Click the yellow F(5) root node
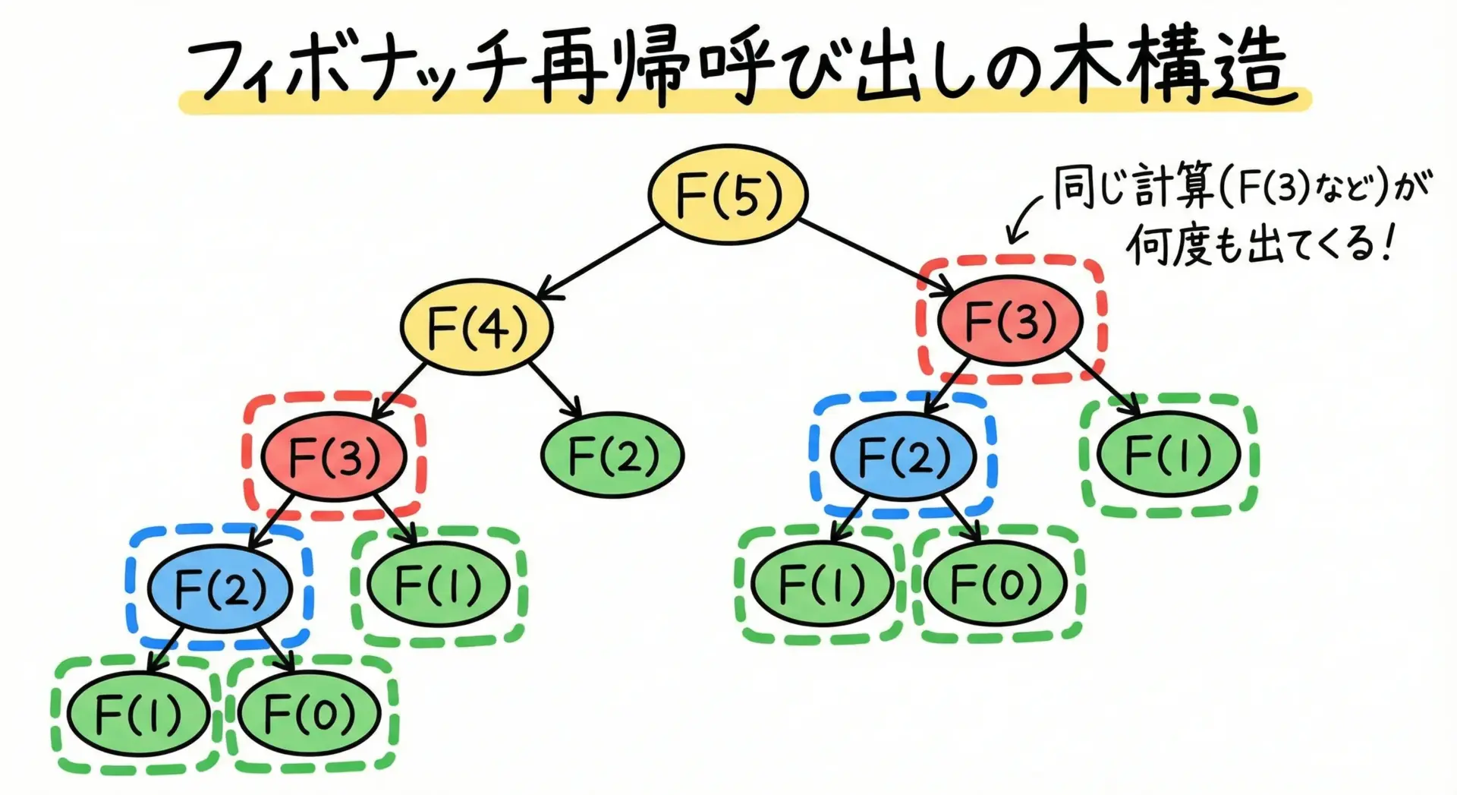click(727, 194)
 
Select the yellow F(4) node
click(477, 327)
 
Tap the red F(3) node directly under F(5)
click(1009, 320)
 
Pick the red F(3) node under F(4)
click(334, 456)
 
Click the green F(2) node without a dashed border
click(612, 455)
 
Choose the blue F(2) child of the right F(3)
click(902, 456)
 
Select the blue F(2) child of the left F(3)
click(219, 588)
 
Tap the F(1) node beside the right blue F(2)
click(1168, 454)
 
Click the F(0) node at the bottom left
click(309, 713)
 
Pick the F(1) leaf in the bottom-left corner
click(137, 714)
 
